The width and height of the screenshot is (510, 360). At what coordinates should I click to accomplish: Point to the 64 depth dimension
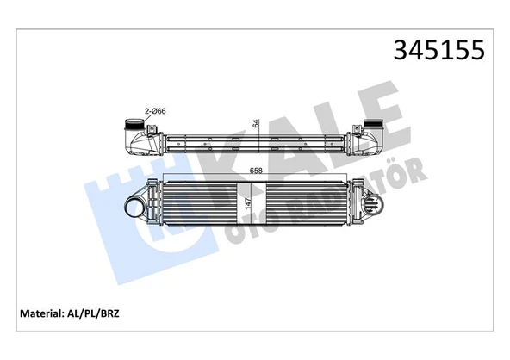(x=256, y=122)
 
